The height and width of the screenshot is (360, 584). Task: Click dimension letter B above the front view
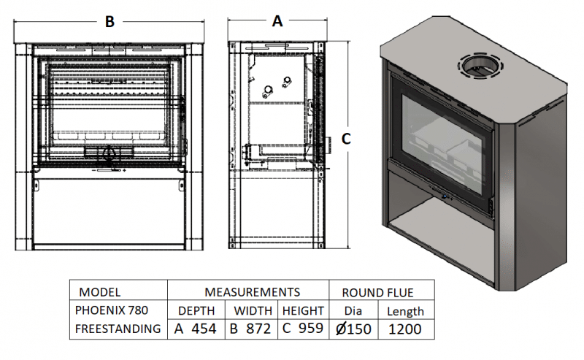click(x=109, y=22)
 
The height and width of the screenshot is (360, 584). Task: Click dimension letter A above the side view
click(x=277, y=21)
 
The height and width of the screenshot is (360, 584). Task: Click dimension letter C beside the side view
click(x=347, y=139)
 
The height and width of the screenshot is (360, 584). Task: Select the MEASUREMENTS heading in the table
click(x=248, y=291)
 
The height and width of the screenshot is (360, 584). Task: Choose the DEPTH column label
click(x=196, y=310)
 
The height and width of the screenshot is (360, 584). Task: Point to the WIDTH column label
click(x=252, y=310)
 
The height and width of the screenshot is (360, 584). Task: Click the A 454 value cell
click(x=196, y=329)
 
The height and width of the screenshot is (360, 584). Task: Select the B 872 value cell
click(x=252, y=329)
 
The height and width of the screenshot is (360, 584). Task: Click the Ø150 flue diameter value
click(x=354, y=329)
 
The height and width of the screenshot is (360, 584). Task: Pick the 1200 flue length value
click(x=405, y=329)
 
